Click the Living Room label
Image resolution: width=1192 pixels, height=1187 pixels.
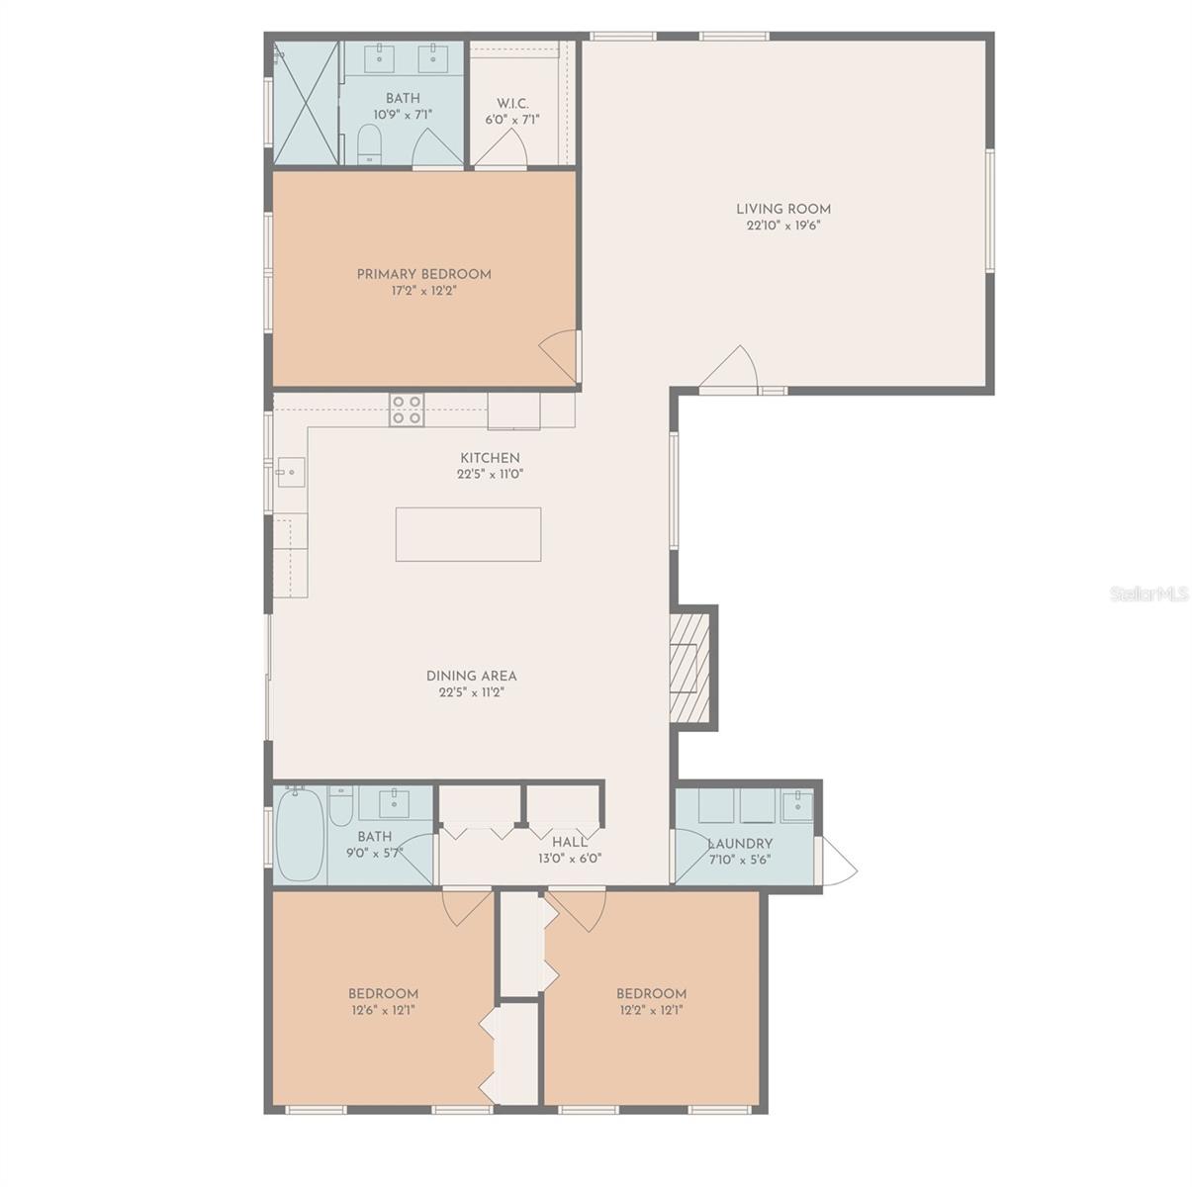point(782,209)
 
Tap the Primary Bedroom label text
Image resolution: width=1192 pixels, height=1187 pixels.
point(423,274)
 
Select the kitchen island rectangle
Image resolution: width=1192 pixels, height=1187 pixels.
point(468,534)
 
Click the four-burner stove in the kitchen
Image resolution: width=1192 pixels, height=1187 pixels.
point(407,410)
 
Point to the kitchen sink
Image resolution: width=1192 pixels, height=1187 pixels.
point(291,473)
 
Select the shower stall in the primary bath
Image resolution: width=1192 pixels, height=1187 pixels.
point(306,104)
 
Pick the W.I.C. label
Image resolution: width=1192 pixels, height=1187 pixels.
point(512,104)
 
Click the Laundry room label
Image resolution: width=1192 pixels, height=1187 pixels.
point(741,844)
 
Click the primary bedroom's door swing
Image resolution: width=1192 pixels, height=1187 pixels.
point(561,354)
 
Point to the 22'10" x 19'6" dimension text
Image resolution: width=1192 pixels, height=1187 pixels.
point(783,226)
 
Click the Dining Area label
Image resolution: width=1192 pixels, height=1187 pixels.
point(472,676)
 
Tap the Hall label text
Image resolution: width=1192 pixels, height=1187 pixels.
point(570,843)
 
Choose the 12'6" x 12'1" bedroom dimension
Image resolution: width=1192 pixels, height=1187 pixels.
point(383,1010)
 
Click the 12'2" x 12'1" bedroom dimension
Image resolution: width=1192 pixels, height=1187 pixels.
point(651,1010)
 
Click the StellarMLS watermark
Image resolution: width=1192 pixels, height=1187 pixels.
point(1148,594)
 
